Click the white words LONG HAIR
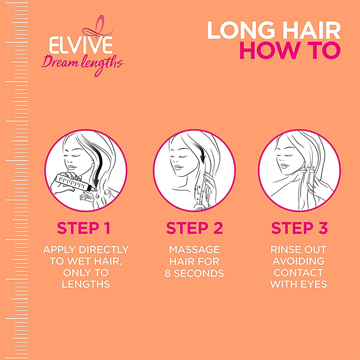click(274, 31)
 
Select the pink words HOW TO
click(290, 51)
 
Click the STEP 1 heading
click(84, 228)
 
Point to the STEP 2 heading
click(194, 228)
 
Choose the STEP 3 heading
click(299, 228)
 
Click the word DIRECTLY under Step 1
click(104, 250)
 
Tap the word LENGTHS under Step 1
click(86, 284)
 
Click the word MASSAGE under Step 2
click(194, 250)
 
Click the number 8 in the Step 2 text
click(167, 273)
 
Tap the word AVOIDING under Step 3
click(299, 261)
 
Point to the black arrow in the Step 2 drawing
click(198, 152)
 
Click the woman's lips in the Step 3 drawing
click(284, 166)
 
